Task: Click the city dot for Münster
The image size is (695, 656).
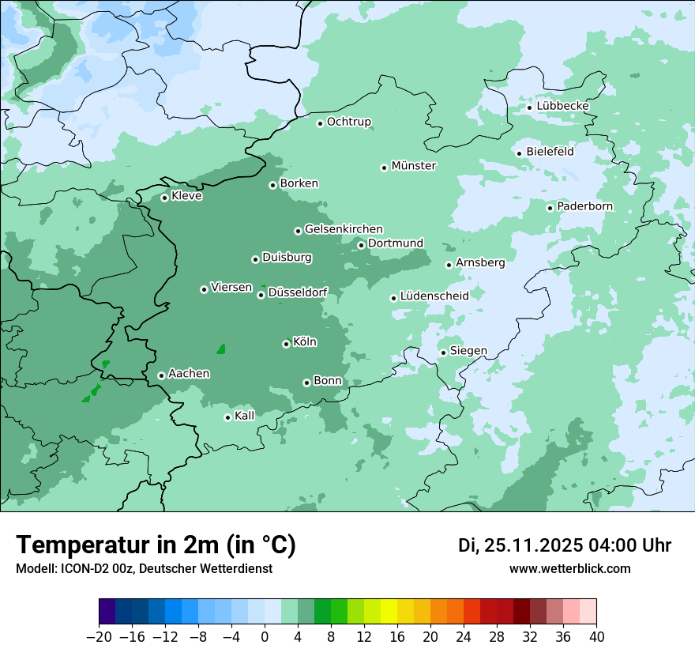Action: click(385, 168)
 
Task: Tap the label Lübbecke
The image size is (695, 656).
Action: click(562, 106)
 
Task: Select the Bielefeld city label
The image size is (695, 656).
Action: click(550, 151)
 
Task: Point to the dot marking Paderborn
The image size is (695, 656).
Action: click(550, 208)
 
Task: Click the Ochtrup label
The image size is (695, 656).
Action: click(348, 122)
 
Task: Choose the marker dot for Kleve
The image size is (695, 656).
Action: click(165, 198)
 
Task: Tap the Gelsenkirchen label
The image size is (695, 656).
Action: click(344, 229)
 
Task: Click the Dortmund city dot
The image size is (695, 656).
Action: click(362, 245)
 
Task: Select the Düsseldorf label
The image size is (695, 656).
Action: click(298, 293)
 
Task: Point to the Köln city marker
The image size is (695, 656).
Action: click(287, 344)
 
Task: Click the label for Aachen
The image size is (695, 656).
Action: click(189, 374)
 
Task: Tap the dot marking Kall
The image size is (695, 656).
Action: click(228, 417)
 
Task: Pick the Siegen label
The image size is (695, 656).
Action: click(468, 351)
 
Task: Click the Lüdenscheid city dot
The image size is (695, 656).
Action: click(393, 298)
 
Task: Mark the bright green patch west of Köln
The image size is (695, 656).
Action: click(222, 349)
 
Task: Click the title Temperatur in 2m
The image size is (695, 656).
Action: click(156, 545)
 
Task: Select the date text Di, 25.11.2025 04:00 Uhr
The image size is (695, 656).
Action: click(564, 545)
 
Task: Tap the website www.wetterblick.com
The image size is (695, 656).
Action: click(569, 568)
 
